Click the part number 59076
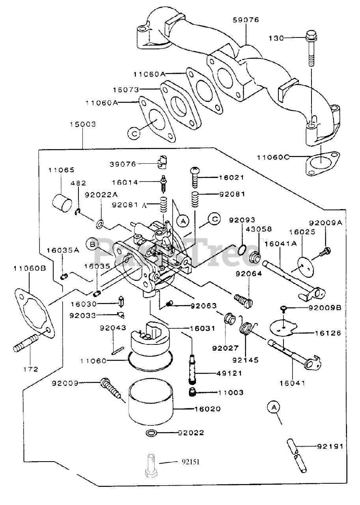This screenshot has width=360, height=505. (246, 20)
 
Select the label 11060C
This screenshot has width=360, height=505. (273, 157)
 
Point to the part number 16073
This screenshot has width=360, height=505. (126, 90)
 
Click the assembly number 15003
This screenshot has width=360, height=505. (83, 124)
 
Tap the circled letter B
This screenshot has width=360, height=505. (93, 244)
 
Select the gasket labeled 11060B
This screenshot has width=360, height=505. (35, 313)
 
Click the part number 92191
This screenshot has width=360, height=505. (330, 446)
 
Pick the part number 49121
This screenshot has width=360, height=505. (229, 373)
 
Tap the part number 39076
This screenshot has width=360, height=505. (123, 164)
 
